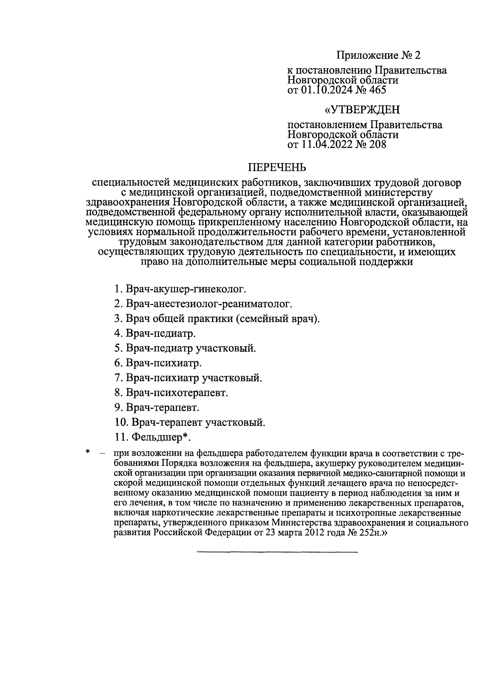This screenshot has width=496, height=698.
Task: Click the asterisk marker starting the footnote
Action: pos(88,452)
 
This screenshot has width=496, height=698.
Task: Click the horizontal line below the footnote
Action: pos(277,552)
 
